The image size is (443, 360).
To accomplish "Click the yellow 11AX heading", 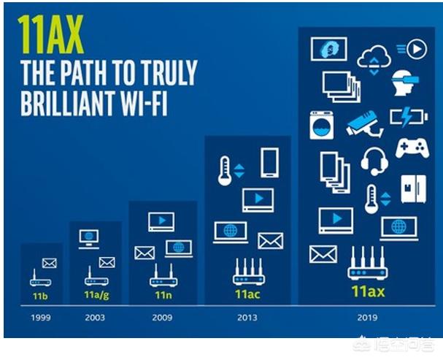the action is pos(50,34).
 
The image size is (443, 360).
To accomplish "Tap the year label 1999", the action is pos(41,318).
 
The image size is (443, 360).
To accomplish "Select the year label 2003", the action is pos(95,318).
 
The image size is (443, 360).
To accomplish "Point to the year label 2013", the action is pos(247,318).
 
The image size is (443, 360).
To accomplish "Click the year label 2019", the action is pos(367,318).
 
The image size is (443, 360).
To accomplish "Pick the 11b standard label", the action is pos(40,296).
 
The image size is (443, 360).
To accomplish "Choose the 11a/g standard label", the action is pos(96,295).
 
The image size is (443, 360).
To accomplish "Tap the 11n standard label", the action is pos(163,295).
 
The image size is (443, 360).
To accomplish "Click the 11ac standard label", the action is pos(247,294).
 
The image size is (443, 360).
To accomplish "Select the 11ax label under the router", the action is pos(368,291).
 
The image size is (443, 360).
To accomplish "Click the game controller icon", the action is pos(412,148).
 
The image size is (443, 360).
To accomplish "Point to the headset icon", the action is pos(374,162).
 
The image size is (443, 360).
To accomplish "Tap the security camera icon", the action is pos(365,123).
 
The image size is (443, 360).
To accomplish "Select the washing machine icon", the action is pos(322,125).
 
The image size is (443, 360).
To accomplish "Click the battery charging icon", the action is pos(409,116).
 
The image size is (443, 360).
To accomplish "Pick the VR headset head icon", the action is pos(404,83).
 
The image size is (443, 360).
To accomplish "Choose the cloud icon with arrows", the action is pos(374,60).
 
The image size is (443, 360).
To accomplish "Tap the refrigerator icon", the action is pos(414,189).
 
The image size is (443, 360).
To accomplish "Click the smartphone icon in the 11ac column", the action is pos(269,163).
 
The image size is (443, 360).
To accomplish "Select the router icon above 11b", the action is pos(40,278).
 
